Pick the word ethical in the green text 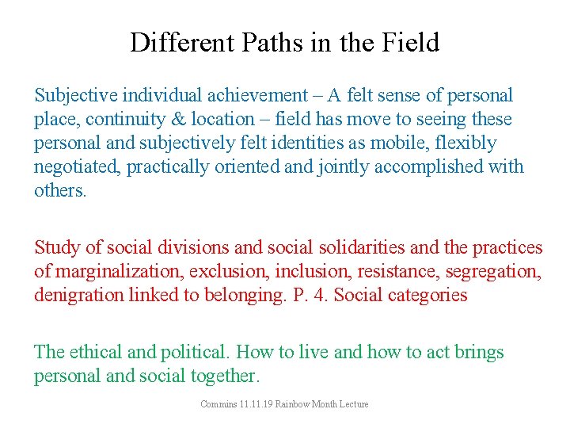95,353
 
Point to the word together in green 224,376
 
